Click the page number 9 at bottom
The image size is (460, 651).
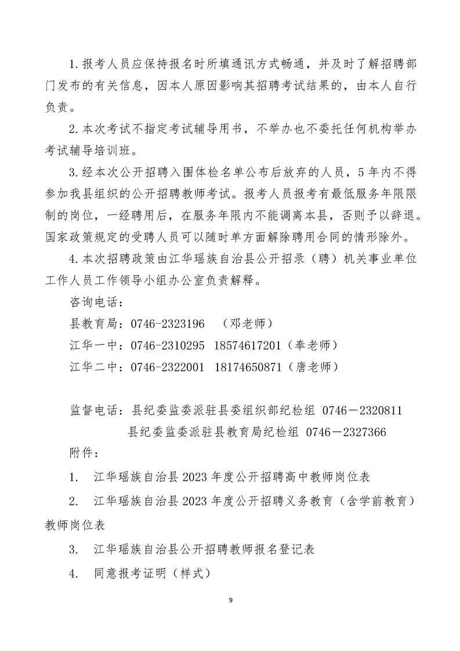pos(230,600)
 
